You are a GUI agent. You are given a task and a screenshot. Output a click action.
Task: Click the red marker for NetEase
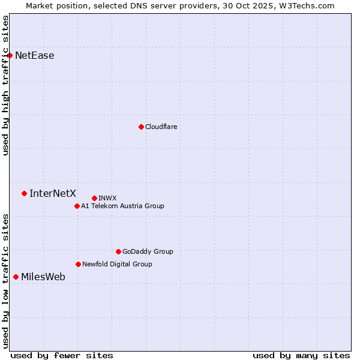click(x=10, y=55)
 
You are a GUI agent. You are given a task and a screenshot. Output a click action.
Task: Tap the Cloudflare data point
click(x=141, y=127)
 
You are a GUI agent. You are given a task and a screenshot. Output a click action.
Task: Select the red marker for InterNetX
click(x=24, y=193)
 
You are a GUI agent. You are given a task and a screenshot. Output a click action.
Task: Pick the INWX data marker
click(x=94, y=198)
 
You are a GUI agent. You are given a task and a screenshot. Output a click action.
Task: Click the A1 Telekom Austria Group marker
click(x=77, y=206)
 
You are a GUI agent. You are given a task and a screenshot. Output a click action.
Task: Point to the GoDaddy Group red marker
click(x=118, y=251)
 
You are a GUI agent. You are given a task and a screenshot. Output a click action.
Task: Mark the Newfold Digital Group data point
click(x=78, y=264)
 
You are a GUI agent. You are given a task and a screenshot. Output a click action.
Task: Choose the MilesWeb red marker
click(x=16, y=277)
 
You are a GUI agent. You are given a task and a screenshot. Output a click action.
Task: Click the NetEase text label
click(x=35, y=56)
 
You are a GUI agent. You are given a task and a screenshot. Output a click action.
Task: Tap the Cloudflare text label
click(x=161, y=127)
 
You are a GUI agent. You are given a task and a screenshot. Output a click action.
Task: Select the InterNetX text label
click(x=53, y=193)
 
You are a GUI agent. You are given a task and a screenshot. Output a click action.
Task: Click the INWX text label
click(x=107, y=198)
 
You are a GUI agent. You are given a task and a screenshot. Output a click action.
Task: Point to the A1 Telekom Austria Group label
click(x=122, y=206)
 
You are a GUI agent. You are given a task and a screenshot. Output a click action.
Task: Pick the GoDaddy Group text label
click(x=148, y=251)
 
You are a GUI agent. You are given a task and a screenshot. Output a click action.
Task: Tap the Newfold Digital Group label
click(x=117, y=264)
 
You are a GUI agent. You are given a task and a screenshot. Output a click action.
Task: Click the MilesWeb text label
click(x=43, y=277)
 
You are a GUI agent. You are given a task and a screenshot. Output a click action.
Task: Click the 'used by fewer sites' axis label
click(x=62, y=355)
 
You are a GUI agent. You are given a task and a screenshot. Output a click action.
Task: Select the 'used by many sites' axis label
click(x=301, y=355)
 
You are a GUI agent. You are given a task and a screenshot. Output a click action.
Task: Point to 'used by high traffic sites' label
click(x=5, y=85)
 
